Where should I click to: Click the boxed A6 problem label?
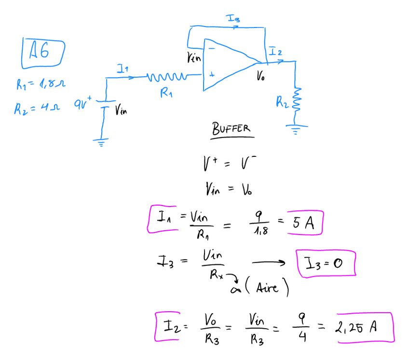coord(42,52)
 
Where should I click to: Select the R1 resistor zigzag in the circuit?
coord(166,76)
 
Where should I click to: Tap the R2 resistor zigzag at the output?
coord(297,99)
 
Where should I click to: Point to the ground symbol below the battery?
coord(101,142)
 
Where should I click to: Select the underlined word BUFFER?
coord(232,129)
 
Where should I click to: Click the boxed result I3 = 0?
coord(326,263)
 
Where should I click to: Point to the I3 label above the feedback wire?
coord(234,19)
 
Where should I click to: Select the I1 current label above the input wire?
coord(123,69)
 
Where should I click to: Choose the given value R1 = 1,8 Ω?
coord(41,85)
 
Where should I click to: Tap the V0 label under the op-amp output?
coord(261,77)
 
